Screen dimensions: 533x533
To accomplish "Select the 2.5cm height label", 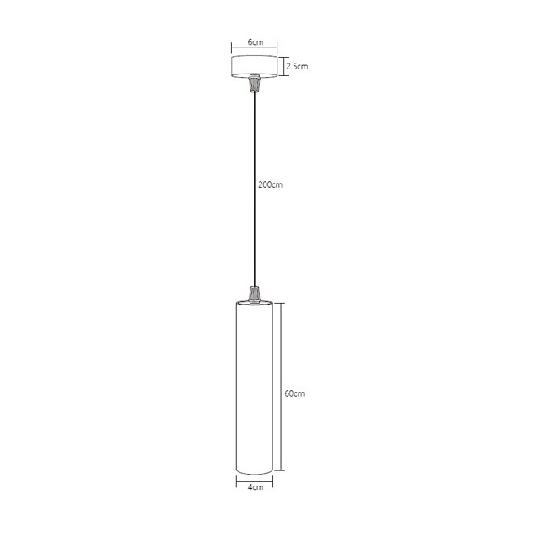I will click(x=295, y=64).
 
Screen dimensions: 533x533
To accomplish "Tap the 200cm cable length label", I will click(x=271, y=184).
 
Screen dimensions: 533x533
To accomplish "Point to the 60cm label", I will click(x=294, y=393).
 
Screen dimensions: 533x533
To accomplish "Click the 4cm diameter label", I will click(x=254, y=487).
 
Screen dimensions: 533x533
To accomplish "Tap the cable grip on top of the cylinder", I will click(x=253, y=294).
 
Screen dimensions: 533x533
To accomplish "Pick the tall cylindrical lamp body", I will click(x=253, y=389).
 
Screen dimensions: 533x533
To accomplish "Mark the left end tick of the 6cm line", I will click(x=231, y=48).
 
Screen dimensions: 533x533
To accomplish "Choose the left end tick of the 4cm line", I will click(x=236, y=480).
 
